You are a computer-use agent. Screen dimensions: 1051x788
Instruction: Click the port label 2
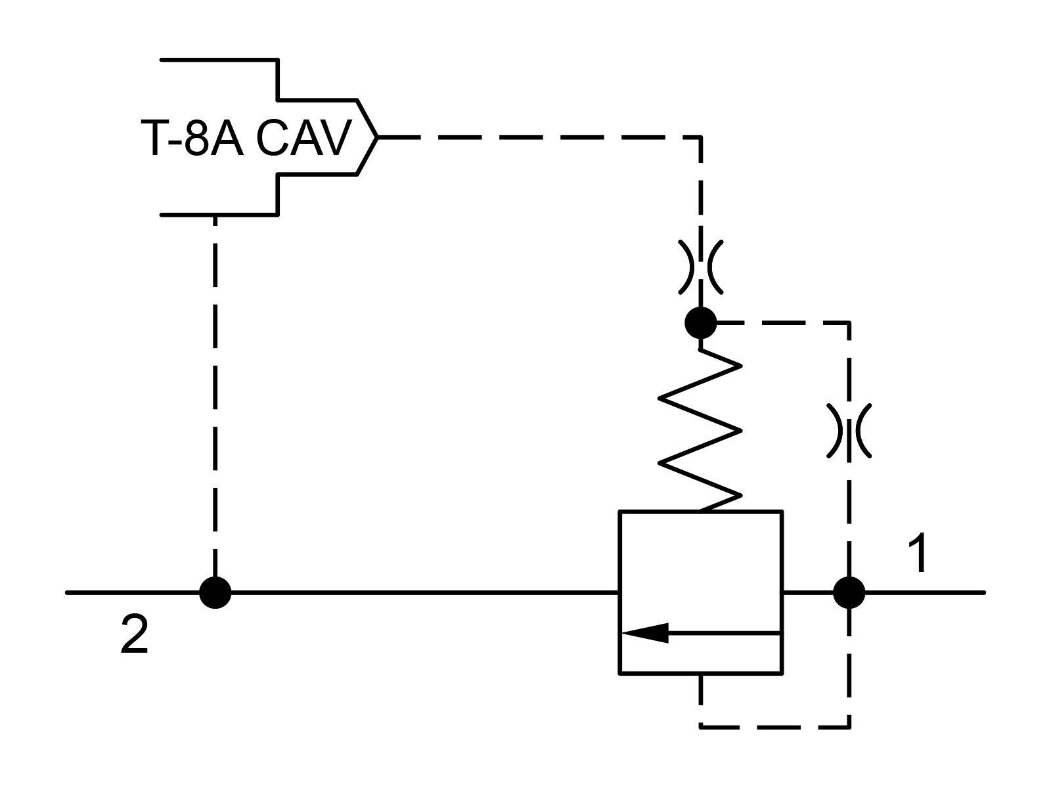135,635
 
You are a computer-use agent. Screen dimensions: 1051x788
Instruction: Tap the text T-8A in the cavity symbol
192,138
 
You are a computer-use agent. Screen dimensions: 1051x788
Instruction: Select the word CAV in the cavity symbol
304,138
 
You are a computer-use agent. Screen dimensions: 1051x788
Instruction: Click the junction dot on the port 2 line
215,593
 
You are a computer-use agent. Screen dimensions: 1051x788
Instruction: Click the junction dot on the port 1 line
849,593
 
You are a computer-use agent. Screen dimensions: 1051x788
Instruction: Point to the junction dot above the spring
700,323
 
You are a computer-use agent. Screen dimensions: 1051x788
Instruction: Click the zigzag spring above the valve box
700,431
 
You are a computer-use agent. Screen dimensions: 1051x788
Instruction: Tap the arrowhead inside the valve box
644,633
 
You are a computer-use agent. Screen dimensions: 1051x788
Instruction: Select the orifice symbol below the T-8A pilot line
700,267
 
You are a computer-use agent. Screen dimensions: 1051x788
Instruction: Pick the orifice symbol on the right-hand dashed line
849,431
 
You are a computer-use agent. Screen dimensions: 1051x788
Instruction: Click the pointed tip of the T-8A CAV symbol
377,137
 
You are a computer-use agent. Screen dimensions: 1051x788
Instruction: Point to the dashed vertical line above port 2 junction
215,396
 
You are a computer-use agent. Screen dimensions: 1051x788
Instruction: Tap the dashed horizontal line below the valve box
774,728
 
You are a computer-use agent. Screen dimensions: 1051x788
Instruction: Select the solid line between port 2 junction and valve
425,593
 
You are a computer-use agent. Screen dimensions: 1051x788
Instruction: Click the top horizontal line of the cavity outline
219,60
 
